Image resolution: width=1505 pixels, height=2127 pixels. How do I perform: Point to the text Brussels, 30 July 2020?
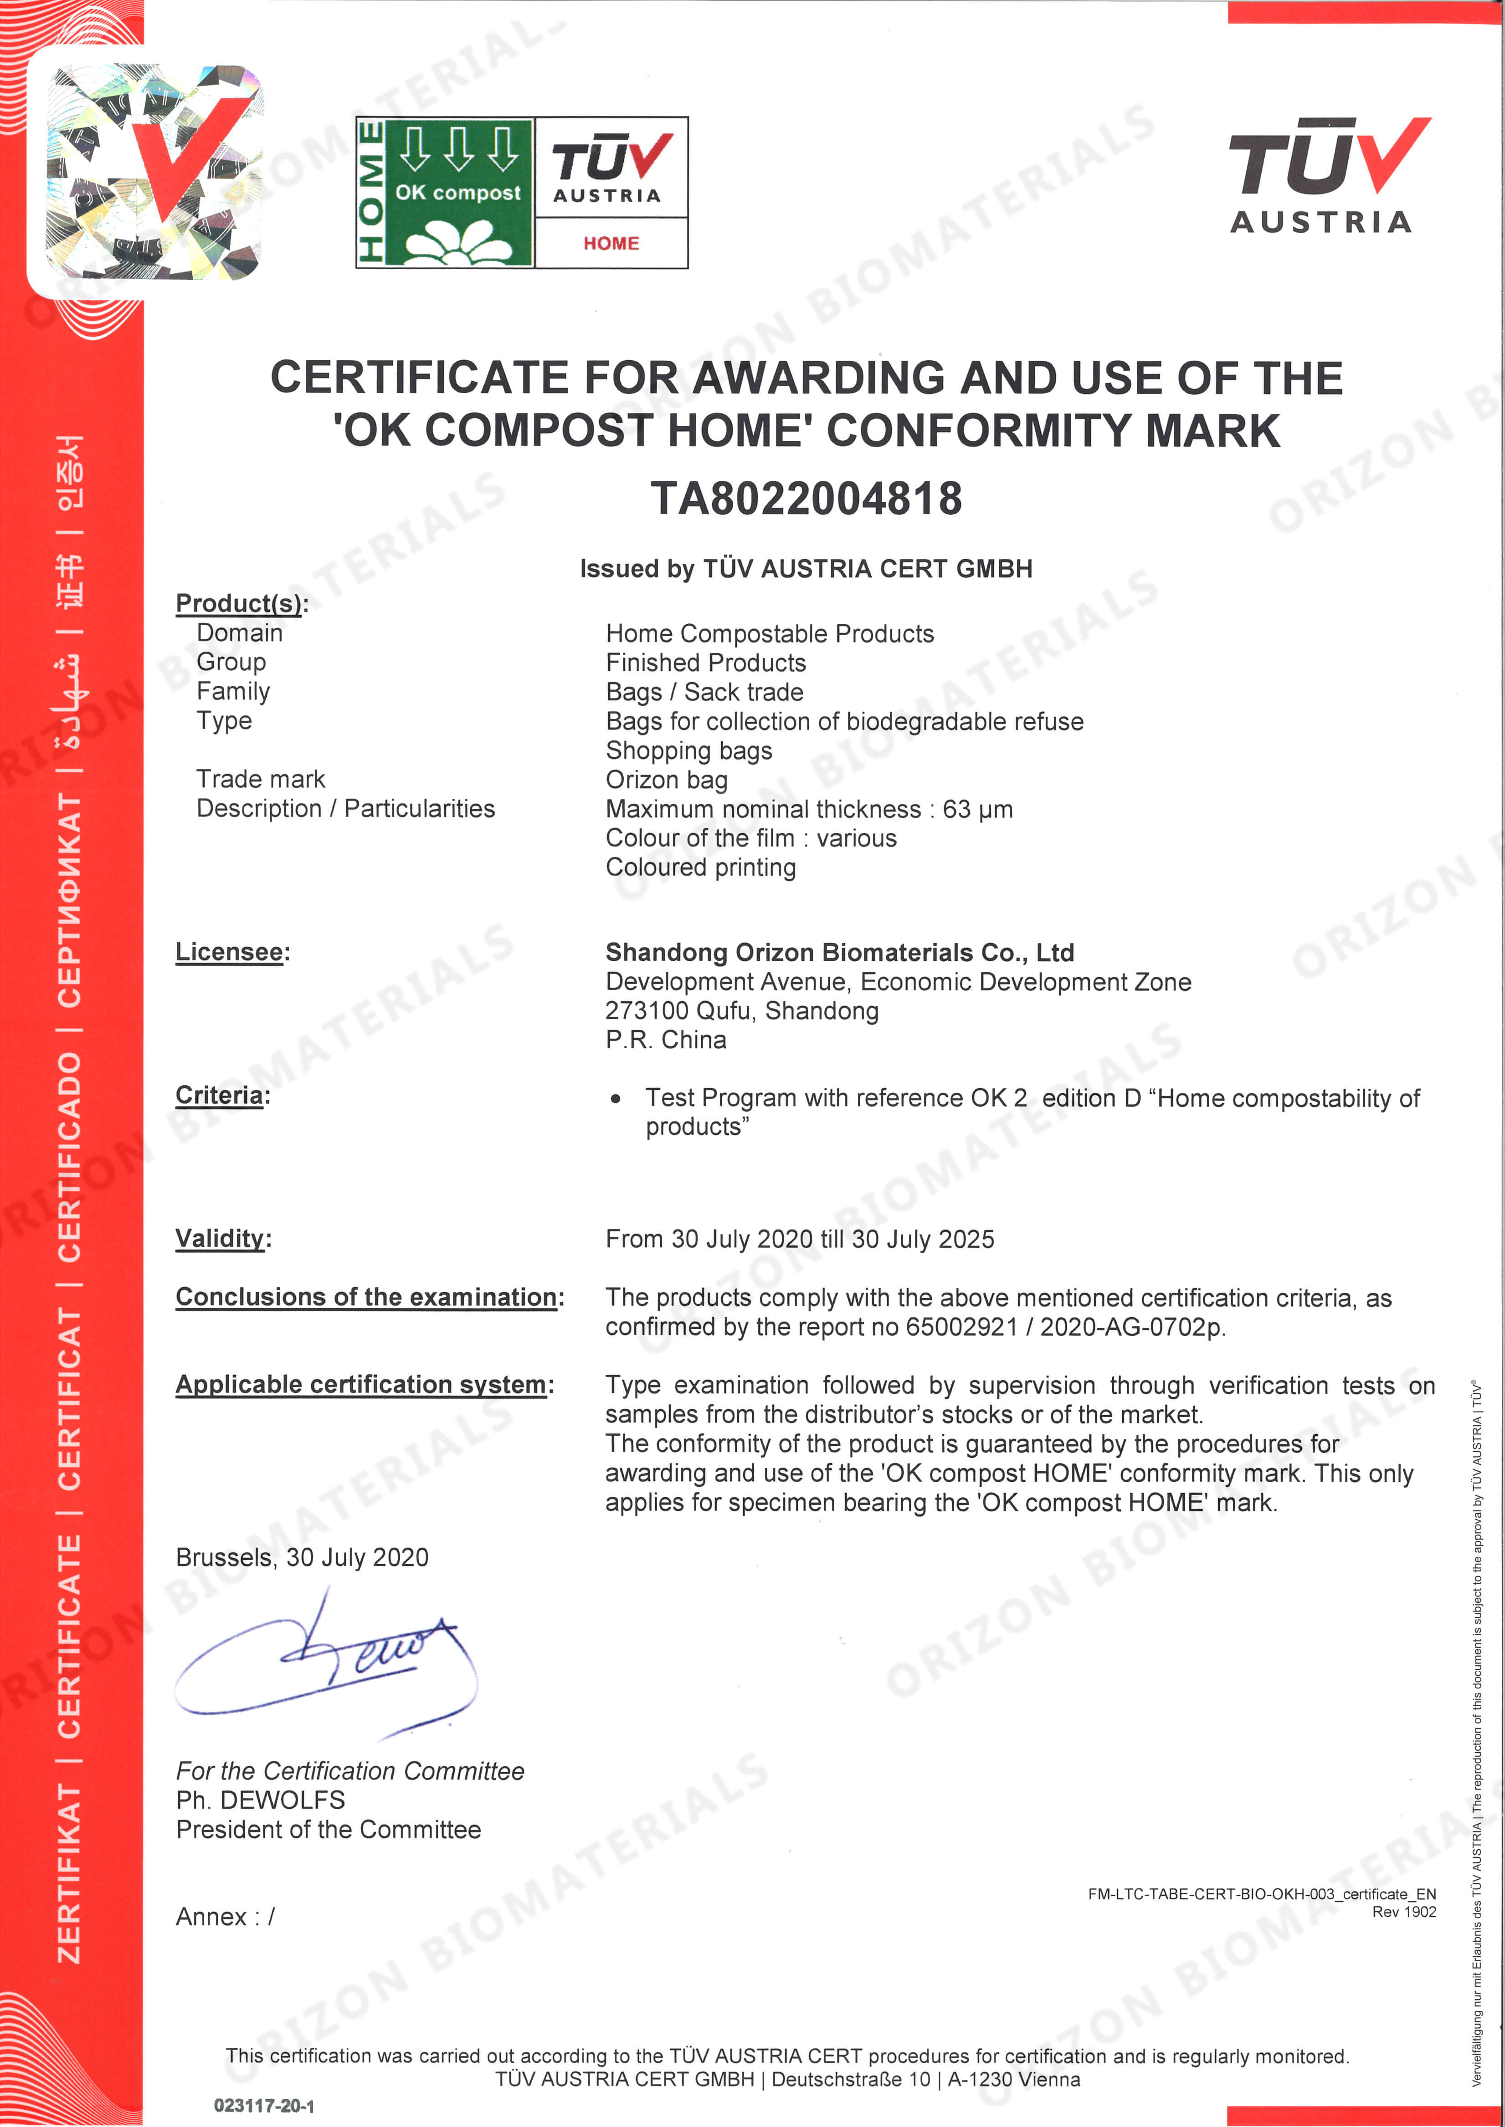pos(302,1557)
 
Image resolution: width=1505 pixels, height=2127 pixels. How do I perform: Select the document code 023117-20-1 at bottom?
pos(264,2106)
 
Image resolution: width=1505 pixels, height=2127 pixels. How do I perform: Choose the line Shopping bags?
pos(688,750)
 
